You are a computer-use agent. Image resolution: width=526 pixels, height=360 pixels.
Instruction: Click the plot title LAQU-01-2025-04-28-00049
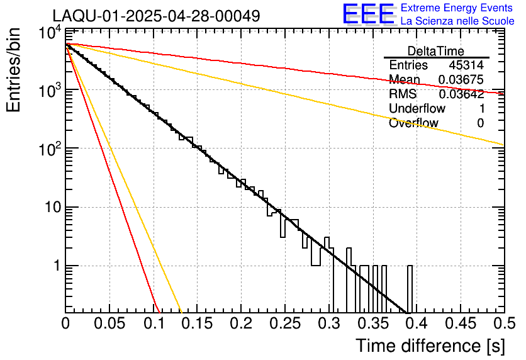click(x=156, y=16)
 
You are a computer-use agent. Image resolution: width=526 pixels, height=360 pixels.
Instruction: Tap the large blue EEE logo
click(x=368, y=14)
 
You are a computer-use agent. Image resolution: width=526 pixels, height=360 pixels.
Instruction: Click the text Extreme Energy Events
click(x=457, y=8)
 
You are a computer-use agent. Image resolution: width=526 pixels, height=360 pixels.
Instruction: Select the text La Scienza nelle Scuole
click(x=457, y=21)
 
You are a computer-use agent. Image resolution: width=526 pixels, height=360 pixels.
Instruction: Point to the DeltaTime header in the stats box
click(x=436, y=51)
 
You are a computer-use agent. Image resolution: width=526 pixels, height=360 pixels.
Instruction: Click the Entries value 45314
click(x=466, y=65)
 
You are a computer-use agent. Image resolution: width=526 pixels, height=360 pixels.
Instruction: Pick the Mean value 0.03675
click(x=461, y=80)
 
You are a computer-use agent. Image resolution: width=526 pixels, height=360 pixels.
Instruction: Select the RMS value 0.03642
click(x=461, y=94)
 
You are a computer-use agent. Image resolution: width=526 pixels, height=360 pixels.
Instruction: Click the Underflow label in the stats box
click(x=417, y=109)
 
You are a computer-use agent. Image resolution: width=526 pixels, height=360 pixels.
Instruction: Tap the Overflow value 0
click(x=480, y=123)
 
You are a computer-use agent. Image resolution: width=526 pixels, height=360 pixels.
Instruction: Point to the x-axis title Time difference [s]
click(x=429, y=346)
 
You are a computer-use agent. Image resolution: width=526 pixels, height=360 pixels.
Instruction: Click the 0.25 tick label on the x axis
click(x=284, y=324)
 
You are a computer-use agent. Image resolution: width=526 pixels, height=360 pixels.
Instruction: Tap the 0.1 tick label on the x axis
click(x=153, y=324)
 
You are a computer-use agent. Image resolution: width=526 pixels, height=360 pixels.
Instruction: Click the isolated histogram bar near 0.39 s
click(x=410, y=290)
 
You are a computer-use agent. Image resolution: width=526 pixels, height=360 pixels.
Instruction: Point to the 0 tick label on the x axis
click(x=65, y=324)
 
